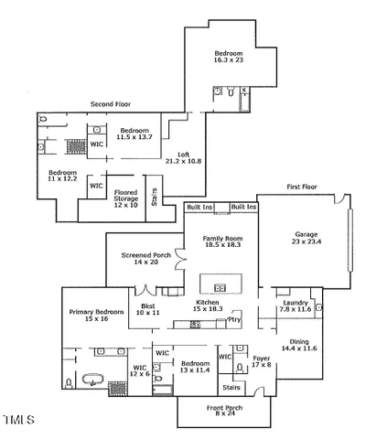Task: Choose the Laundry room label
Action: pyautogui.click(x=295, y=305)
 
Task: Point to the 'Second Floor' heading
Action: pyautogui.click(x=112, y=104)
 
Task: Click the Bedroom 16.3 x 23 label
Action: pyautogui.click(x=231, y=56)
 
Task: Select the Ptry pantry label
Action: pyautogui.click(x=234, y=320)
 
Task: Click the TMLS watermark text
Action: pyautogui.click(x=18, y=421)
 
